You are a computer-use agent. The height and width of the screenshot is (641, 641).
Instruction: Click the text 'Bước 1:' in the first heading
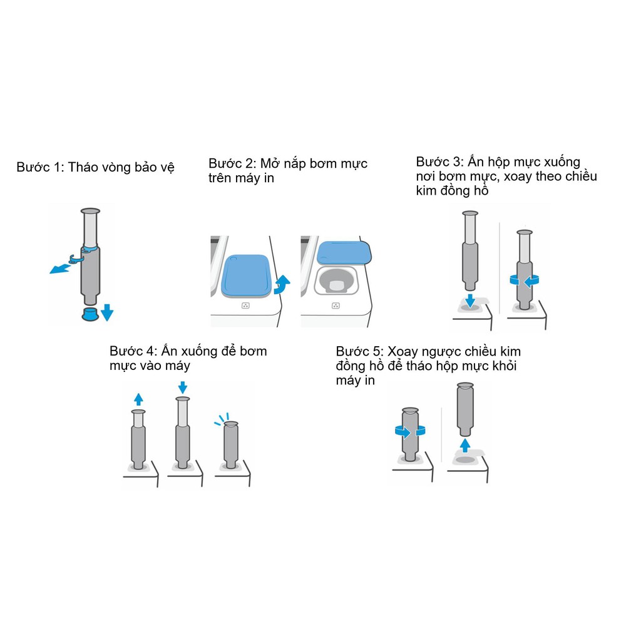tap(41, 167)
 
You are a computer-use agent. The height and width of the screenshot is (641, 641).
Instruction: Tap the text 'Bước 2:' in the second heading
tap(233, 163)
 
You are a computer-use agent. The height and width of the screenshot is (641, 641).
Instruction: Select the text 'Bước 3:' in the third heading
tap(440, 162)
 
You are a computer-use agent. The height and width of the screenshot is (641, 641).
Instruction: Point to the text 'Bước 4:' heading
tap(133, 351)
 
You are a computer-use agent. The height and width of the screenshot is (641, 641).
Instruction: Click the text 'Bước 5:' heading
tap(360, 352)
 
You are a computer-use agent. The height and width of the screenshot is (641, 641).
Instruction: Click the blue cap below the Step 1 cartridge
tap(90, 314)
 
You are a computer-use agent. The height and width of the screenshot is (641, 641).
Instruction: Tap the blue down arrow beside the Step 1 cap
tap(107, 312)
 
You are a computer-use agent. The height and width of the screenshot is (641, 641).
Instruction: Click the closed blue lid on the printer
tap(245, 276)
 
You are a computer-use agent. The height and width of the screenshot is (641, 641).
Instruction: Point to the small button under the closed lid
tap(245, 305)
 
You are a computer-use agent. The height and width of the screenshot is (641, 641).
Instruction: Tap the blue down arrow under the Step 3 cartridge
tap(470, 300)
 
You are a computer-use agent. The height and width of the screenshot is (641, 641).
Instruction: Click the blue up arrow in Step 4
tap(138, 399)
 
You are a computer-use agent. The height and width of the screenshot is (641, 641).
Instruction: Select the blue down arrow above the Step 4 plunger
tap(183, 387)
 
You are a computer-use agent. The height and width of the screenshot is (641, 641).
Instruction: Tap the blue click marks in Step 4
tap(222, 419)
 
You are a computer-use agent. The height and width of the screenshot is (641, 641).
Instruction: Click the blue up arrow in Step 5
tap(465, 446)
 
